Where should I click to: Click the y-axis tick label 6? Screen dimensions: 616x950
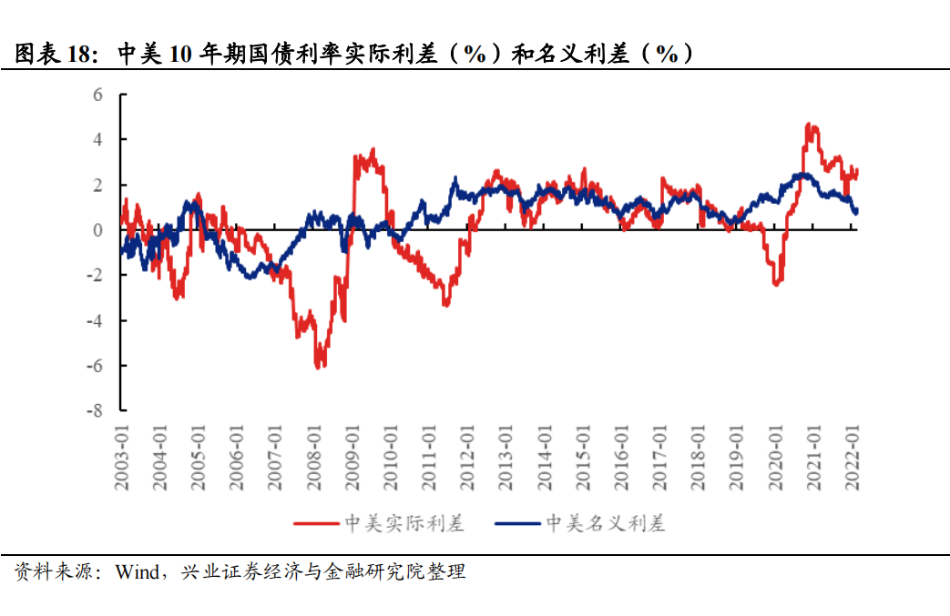[97, 95]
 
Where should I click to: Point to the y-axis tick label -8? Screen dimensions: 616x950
[94, 410]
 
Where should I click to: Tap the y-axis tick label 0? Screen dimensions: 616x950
[97, 230]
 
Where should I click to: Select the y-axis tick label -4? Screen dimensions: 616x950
[94, 320]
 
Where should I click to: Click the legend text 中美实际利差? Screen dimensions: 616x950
[404, 523]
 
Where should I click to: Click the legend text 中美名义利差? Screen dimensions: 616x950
[605, 523]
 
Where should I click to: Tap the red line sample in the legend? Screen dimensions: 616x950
[316, 523]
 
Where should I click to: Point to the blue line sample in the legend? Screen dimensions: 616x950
[516, 523]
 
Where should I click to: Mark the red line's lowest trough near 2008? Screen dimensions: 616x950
[318, 367]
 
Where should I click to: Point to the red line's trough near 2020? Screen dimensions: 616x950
[776, 285]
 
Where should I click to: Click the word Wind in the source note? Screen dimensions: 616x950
[136, 572]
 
